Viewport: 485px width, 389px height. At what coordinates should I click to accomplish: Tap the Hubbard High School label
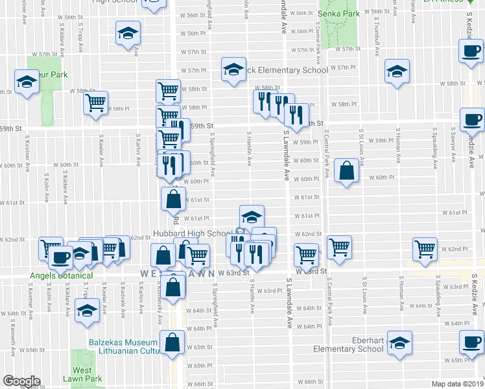point(192,233)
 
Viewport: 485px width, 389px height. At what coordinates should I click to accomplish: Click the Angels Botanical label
point(62,276)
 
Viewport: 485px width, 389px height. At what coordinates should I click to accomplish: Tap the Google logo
point(21,381)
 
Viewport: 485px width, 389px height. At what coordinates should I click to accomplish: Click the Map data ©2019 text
point(456,383)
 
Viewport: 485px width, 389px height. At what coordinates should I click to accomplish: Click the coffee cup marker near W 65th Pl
point(471,341)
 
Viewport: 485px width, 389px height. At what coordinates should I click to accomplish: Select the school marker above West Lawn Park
point(86,311)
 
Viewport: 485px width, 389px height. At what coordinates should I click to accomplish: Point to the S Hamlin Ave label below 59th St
point(250,149)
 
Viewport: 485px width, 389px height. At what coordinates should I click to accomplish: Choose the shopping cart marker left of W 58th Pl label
point(97,102)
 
